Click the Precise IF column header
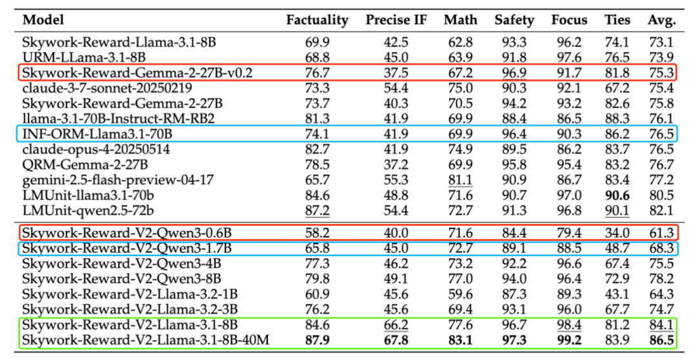click(x=396, y=20)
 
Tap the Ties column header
click(x=618, y=20)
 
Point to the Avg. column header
click(x=662, y=20)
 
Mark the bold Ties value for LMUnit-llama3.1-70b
click(x=618, y=195)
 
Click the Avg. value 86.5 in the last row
click(x=662, y=338)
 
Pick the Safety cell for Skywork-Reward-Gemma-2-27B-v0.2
click(x=514, y=72)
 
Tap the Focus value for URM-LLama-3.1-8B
click(x=569, y=57)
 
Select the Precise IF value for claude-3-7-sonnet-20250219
click(x=396, y=88)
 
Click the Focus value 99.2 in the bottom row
click(x=569, y=338)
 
